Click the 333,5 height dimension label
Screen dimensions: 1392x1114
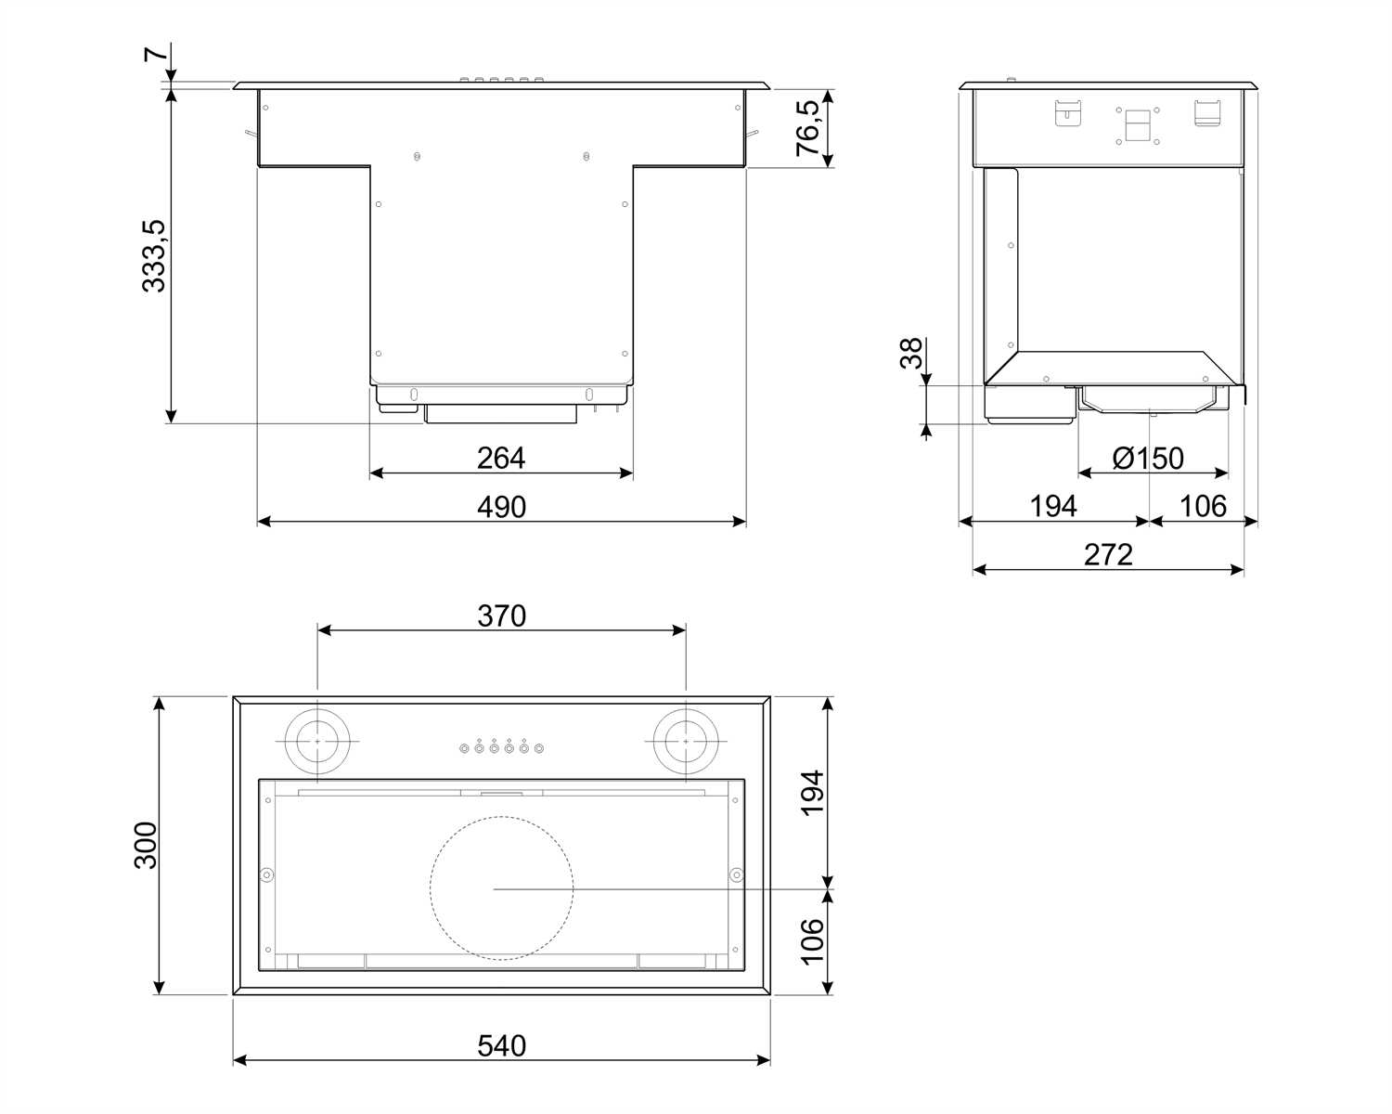click(154, 256)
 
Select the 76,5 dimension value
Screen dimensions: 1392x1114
click(808, 128)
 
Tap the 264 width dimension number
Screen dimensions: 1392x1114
click(501, 459)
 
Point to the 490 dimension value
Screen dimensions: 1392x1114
click(501, 507)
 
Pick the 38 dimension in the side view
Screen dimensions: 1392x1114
click(911, 353)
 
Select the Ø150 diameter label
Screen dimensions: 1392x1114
click(1148, 459)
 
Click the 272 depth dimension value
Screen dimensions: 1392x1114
click(1108, 555)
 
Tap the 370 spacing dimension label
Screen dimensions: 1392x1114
click(501, 615)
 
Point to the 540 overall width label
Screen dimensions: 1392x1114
click(501, 1046)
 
